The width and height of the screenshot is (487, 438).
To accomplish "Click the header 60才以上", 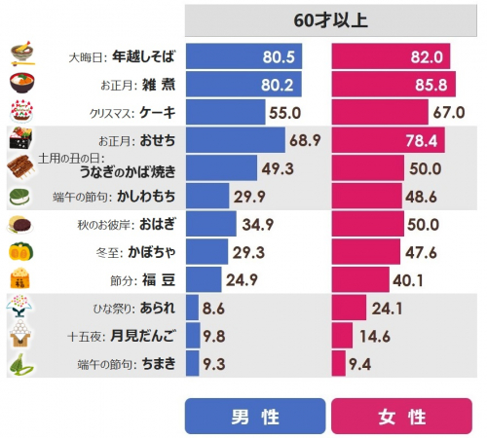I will tap(330, 19).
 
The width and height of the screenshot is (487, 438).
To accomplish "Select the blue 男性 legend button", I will tap(255, 417).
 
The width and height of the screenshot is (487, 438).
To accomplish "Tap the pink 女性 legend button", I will tap(402, 417).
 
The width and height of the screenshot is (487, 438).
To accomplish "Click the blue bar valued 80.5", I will tap(243, 56).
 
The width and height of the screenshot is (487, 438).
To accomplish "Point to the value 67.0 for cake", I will tap(449, 112).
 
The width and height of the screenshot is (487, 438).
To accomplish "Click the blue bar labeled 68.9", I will tap(234, 140).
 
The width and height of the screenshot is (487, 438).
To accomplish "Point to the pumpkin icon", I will tap(19, 253).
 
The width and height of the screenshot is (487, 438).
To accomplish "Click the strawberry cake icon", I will tap(20, 111).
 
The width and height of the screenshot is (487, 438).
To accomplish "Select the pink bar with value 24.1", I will tap(350, 310).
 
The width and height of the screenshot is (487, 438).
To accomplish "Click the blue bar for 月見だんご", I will tap(192, 337).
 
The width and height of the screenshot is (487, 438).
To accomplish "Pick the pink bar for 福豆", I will tap(361, 281).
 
